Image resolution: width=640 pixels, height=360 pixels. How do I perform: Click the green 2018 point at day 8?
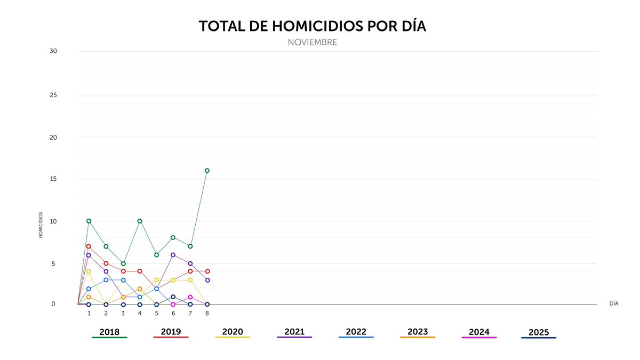(207, 171)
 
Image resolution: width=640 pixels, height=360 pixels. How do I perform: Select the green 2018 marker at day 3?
(123, 263)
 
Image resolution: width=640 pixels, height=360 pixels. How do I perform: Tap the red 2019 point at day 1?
(89, 246)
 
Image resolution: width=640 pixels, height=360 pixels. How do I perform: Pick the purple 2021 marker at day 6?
(173, 255)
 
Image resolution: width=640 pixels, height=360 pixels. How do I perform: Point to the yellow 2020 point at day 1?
(89, 271)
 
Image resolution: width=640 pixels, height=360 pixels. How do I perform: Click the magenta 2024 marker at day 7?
(190, 297)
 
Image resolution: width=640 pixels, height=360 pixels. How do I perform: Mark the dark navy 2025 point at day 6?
(173, 297)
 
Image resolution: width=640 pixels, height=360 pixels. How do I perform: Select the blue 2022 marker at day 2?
(106, 280)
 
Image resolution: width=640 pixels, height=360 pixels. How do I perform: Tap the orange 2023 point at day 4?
(140, 289)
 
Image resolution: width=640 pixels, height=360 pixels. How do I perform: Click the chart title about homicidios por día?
(312, 27)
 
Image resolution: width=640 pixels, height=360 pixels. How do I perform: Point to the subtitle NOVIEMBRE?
(312, 42)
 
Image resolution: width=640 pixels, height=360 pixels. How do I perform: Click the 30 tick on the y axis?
(53, 51)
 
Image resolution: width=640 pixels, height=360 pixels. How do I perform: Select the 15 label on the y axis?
(53, 179)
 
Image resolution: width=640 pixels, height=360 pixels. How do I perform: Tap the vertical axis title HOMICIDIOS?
(41, 225)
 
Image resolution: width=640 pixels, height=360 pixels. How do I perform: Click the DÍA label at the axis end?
(613, 303)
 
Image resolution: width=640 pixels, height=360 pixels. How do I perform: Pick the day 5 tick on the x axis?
(156, 314)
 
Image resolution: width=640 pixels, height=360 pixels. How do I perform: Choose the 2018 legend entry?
(109, 332)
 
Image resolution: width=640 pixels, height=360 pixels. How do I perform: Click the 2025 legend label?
(539, 332)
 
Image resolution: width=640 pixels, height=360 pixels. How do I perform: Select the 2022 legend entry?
(356, 332)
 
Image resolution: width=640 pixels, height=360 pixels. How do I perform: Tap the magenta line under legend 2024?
(479, 338)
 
